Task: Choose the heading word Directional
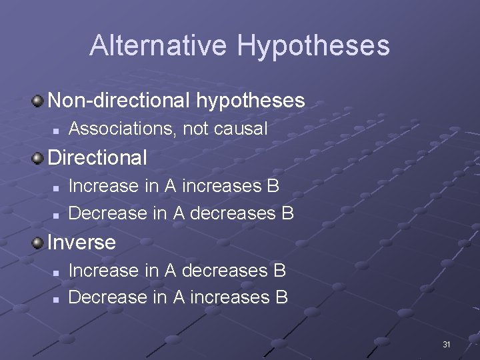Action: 97,158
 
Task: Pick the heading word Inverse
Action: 81,242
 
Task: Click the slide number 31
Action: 447,345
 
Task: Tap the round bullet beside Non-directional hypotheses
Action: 39,101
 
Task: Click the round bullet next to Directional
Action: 39,158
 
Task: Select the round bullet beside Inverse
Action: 39,242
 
